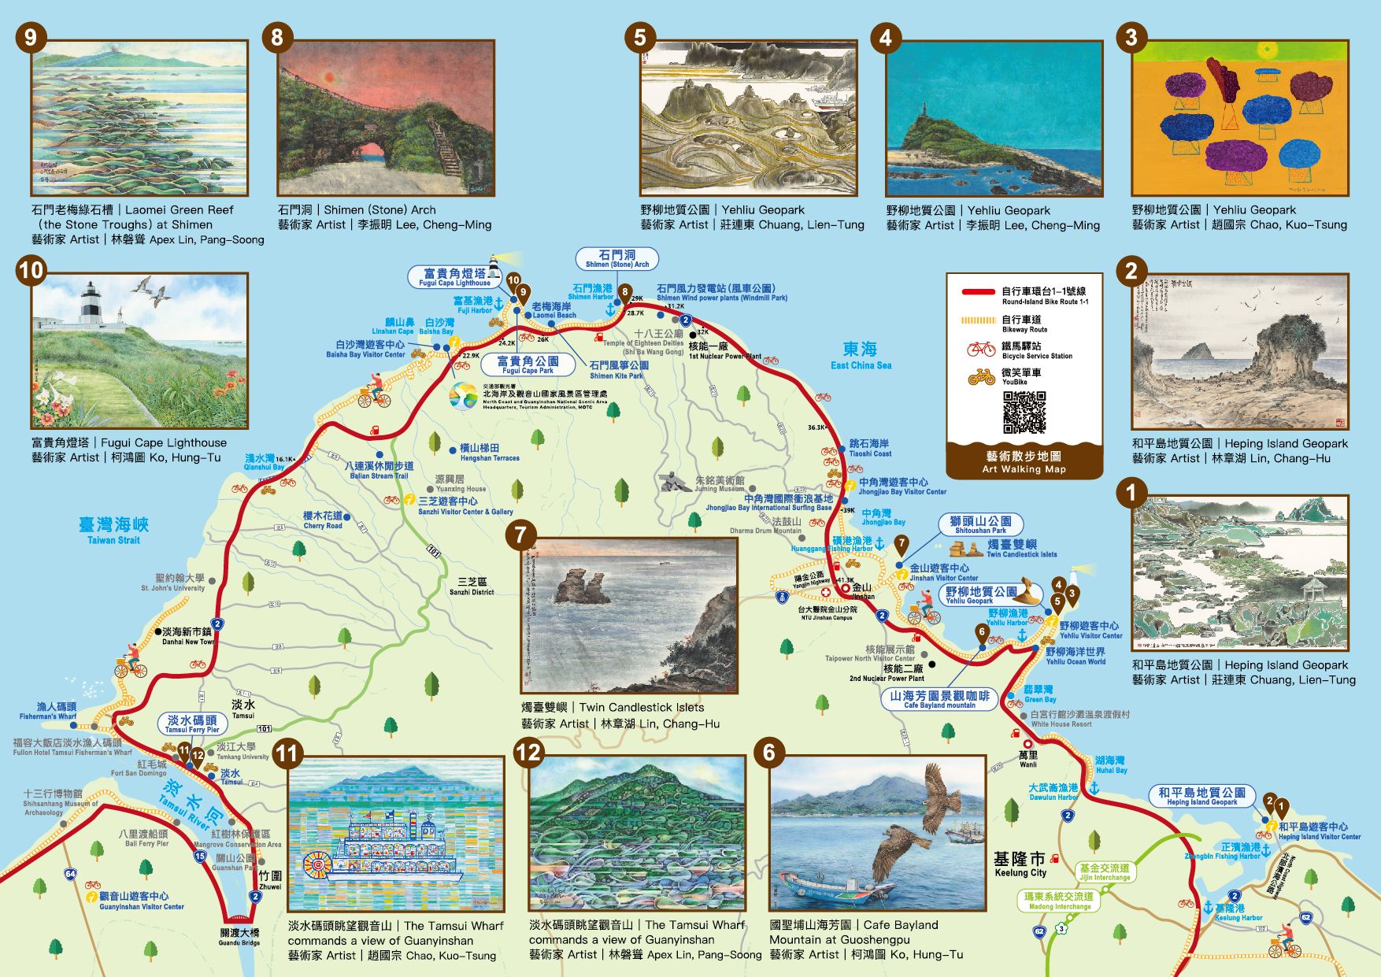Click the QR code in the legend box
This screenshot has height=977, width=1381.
click(x=1024, y=413)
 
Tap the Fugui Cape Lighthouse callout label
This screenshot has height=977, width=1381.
click(x=454, y=277)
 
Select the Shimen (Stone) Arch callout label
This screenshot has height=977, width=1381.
click(x=616, y=259)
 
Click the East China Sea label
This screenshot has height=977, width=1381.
click(x=860, y=354)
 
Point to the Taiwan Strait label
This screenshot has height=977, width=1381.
click(x=113, y=529)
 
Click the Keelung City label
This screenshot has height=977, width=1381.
click(x=1020, y=863)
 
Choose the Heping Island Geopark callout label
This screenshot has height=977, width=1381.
click(x=1201, y=796)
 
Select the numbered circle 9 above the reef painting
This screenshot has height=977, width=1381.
click(x=31, y=37)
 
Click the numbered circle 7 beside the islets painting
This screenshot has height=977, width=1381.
click(x=520, y=535)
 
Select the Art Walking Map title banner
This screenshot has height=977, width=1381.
click(x=1024, y=461)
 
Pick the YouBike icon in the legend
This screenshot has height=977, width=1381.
click(x=981, y=377)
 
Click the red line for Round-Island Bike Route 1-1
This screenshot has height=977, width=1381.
click(x=978, y=292)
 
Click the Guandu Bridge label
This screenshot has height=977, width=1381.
click(x=239, y=936)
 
